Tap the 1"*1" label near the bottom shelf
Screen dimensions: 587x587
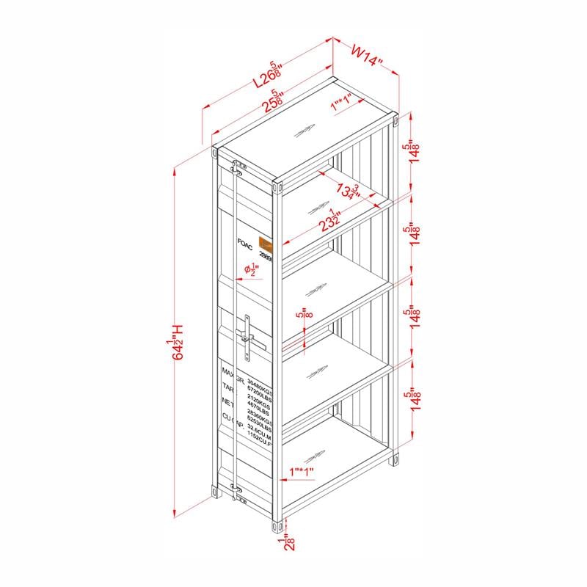click(302, 470)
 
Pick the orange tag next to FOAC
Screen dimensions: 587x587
click(266, 245)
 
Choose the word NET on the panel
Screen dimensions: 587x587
click(228, 401)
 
